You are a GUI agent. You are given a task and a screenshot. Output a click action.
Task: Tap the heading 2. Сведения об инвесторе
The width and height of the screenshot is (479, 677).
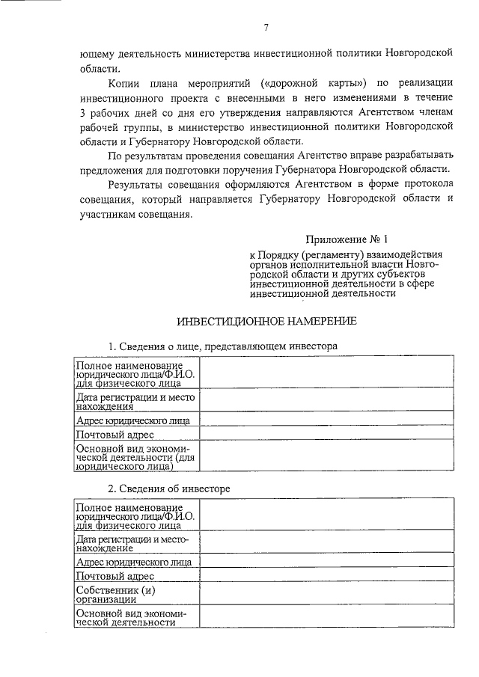tap(168, 488)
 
